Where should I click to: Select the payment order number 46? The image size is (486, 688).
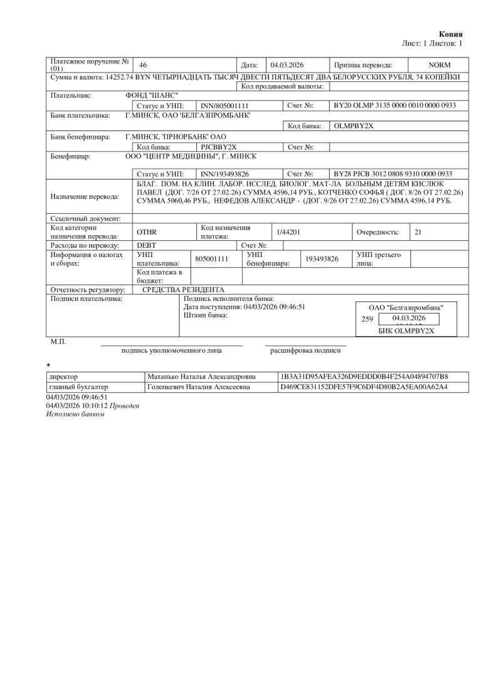pos(143,65)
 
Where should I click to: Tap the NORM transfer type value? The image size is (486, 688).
pos(439,65)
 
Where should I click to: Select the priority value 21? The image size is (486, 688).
pos(418,232)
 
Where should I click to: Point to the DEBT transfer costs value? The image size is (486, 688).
pos(146,245)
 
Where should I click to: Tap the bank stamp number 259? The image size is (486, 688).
pos(368,319)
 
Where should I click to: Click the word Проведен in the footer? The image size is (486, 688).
pos(126,405)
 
